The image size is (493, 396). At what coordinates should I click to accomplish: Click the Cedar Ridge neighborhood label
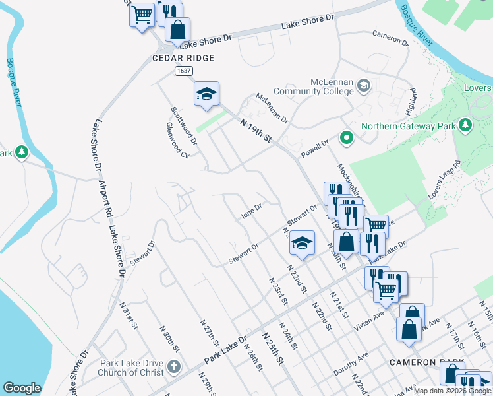(x=183, y=58)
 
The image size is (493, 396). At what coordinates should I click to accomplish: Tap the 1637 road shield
(x=184, y=70)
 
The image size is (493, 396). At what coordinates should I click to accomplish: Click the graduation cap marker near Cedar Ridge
(x=206, y=94)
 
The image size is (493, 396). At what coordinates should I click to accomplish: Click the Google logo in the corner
(x=22, y=388)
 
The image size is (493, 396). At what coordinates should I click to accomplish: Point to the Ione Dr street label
(x=252, y=211)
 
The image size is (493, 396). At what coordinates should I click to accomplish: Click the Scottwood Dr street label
(x=184, y=126)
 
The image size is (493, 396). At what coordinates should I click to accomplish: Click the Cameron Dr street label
(x=390, y=37)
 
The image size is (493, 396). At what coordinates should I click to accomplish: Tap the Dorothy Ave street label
(x=351, y=364)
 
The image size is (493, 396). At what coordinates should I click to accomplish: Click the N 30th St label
(x=169, y=337)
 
